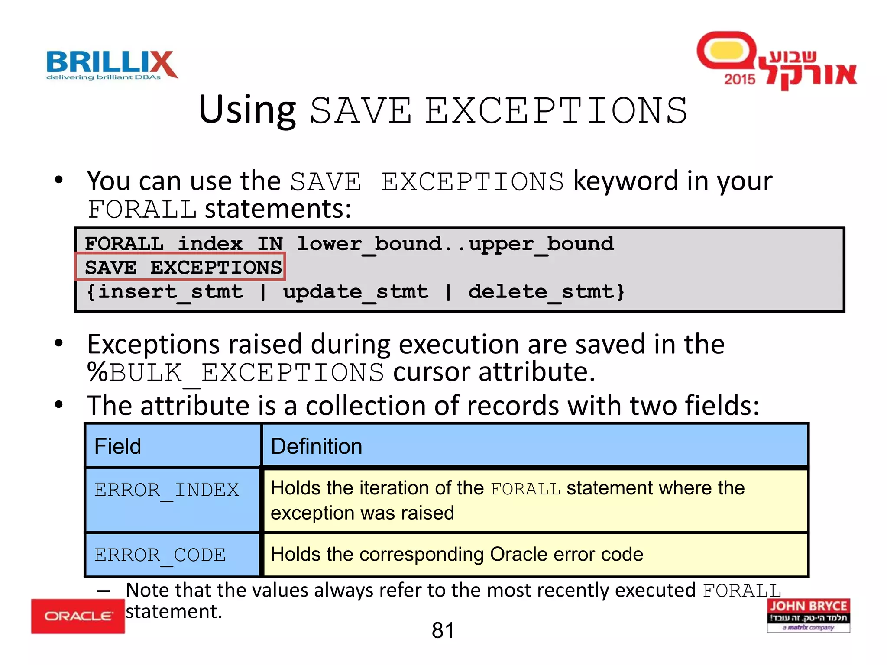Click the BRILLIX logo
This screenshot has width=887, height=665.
pos(112,65)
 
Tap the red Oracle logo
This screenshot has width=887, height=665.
pos(78,616)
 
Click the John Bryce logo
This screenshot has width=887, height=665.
pos(808,615)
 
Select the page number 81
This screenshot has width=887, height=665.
pos(443,630)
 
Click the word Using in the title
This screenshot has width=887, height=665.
pos(247,110)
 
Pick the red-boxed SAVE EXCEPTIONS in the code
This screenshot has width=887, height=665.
pos(183,267)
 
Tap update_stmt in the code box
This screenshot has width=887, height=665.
pos(356,292)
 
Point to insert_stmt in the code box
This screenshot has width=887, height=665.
pos(170,292)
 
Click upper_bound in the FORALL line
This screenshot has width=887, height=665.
pos(541,244)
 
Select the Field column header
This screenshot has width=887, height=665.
pos(118,446)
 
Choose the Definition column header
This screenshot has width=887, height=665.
pos(316,446)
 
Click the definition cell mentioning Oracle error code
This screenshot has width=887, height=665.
pos(457,555)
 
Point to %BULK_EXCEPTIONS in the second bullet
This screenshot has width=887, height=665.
pos(235,373)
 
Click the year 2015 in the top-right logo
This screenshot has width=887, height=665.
pos(739,79)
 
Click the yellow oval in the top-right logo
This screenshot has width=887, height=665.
pos(727,51)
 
